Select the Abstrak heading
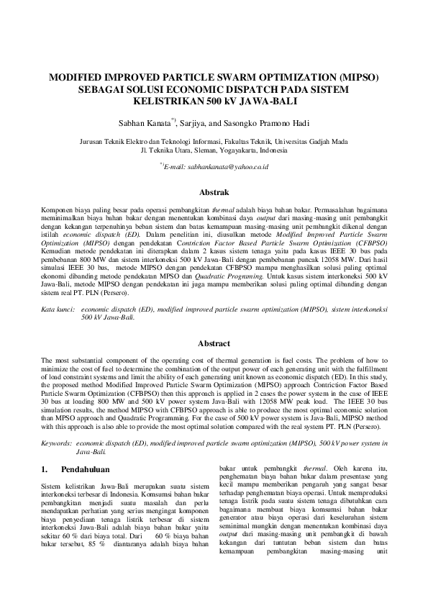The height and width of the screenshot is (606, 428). point(214,192)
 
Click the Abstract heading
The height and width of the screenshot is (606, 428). point(214,344)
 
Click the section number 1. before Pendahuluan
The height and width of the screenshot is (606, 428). point(45,469)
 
